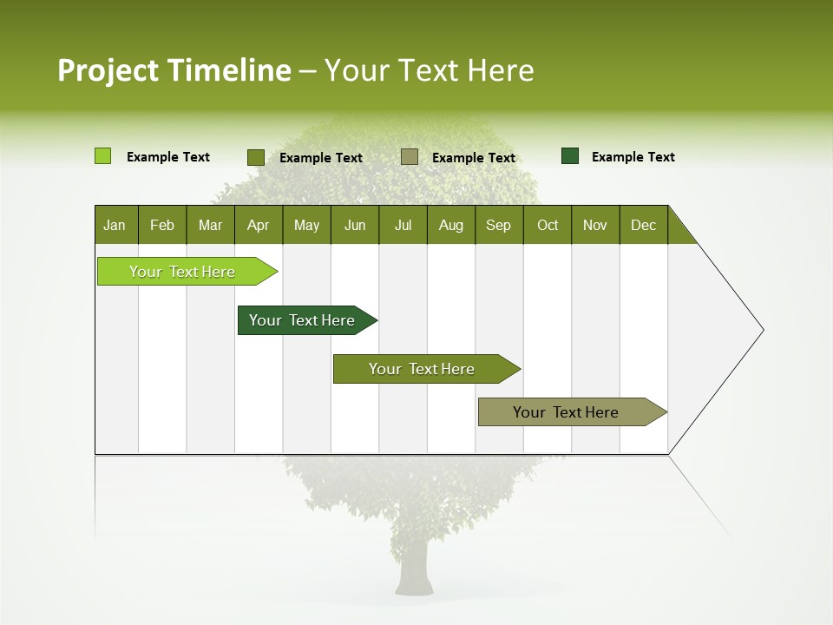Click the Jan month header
[x=115, y=225]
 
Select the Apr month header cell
[x=259, y=225]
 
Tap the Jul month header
[x=403, y=225]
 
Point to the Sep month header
[x=498, y=225]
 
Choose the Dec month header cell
[x=643, y=225]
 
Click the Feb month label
[x=162, y=225]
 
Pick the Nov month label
[x=594, y=225]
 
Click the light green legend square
[x=102, y=156]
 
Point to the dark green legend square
[x=570, y=156]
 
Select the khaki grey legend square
[x=410, y=157]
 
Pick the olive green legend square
[x=256, y=157]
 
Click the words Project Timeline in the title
[x=174, y=70]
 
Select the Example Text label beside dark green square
[x=633, y=157]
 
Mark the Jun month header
[x=355, y=225]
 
